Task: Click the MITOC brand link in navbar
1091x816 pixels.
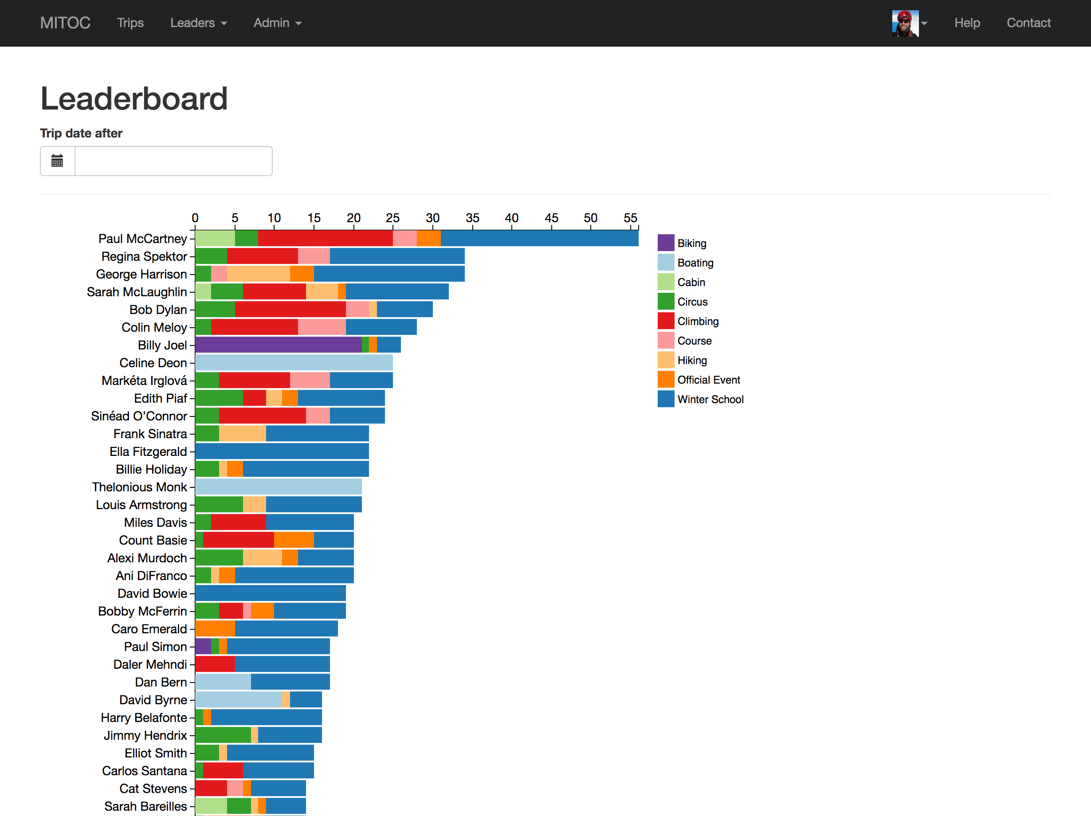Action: click(x=65, y=23)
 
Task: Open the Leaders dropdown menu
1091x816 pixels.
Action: click(x=198, y=23)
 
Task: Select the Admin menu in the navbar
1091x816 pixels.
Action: click(x=277, y=23)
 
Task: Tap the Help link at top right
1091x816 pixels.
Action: click(x=967, y=23)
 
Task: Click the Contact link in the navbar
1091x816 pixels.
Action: click(x=1028, y=23)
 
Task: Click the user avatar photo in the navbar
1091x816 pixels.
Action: click(x=905, y=23)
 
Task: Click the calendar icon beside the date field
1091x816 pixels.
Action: click(x=57, y=161)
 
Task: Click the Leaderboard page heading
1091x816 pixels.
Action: click(x=133, y=98)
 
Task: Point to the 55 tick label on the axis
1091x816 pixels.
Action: click(x=630, y=218)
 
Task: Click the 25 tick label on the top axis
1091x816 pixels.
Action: click(x=392, y=218)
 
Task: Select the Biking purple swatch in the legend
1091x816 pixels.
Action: click(x=665, y=243)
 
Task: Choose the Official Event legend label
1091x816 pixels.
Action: click(x=708, y=380)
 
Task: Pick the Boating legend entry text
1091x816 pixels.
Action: click(x=695, y=263)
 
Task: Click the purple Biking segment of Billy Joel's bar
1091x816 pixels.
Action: click(x=278, y=345)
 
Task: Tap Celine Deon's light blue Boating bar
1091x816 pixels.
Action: click(x=294, y=362)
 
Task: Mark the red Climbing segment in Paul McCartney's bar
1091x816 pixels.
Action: click(x=325, y=238)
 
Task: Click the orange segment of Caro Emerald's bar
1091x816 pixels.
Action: click(x=215, y=629)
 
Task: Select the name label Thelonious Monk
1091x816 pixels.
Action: click(x=139, y=487)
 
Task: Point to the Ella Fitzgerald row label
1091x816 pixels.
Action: click(x=148, y=451)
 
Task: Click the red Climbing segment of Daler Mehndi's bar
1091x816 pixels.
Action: click(x=215, y=664)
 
